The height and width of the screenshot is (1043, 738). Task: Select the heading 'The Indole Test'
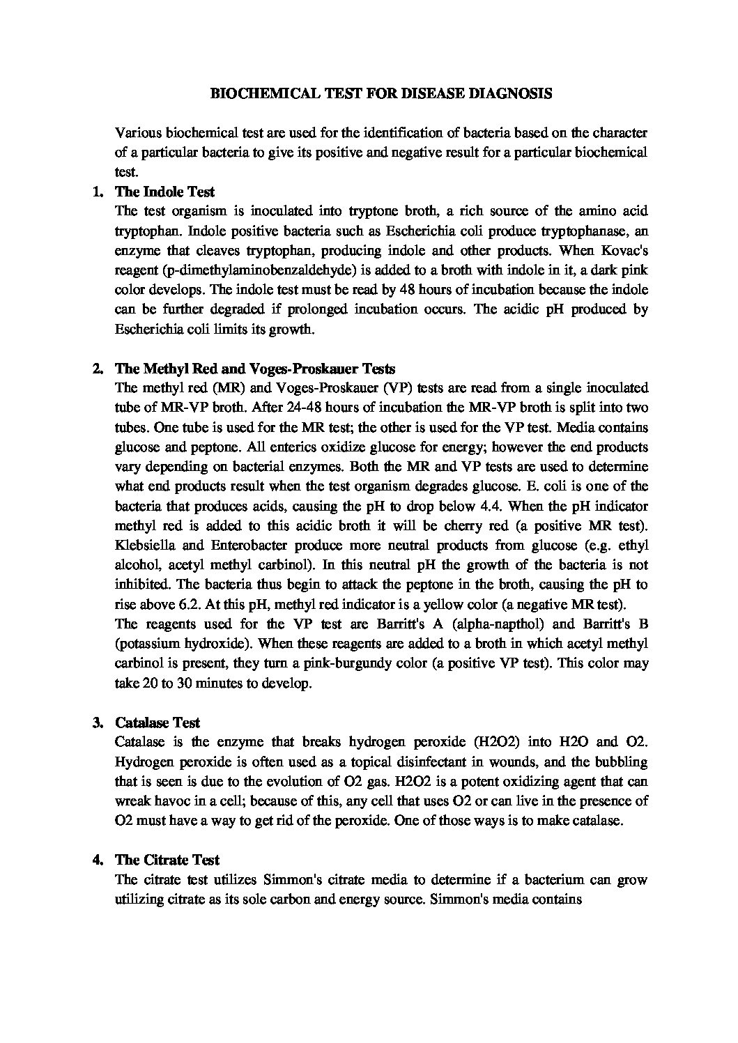click(164, 191)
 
